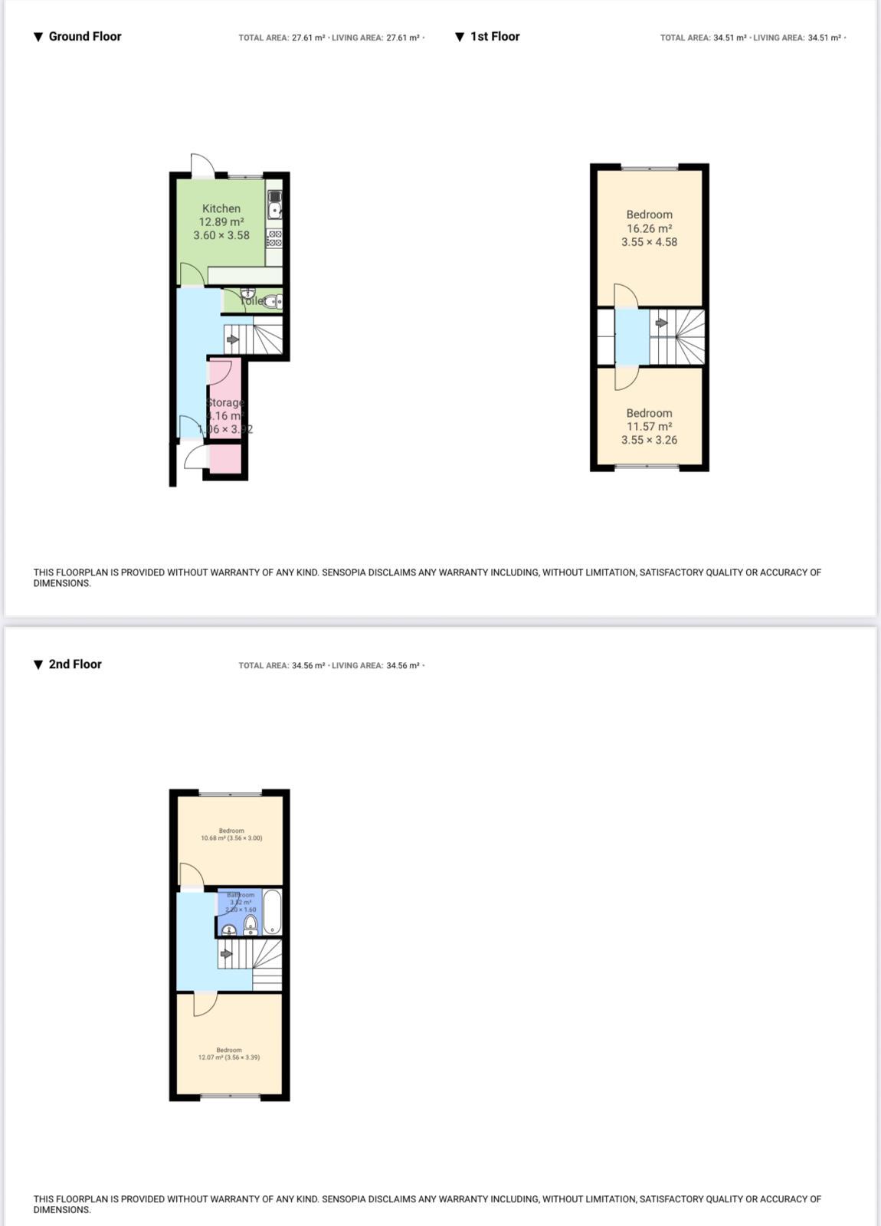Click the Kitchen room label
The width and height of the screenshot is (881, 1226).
pyautogui.click(x=221, y=208)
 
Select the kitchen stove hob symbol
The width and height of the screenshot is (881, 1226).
pyautogui.click(x=274, y=238)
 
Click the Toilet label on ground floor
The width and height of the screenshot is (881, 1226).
pyautogui.click(x=253, y=301)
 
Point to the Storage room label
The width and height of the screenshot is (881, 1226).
pyautogui.click(x=225, y=402)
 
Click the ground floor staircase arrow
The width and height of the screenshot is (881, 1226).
pyautogui.click(x=233, y=339)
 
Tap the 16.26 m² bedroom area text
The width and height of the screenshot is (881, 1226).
pyautogui.click(x=649, y=228)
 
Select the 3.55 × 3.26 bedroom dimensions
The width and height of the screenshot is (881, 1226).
pyautogui.click(x=649, y=440)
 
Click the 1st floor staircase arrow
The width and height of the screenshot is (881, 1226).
pyautogui.click(x=661, y=323)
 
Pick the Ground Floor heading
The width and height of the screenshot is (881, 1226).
pyautogui.click(x=84, y=36)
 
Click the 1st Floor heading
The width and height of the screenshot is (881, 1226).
pyautogui.click(x=494, y=36)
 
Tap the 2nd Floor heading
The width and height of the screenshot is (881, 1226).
pyautogui.click(x=74, y=664)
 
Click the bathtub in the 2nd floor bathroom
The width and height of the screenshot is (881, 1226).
pyautogui.click(x=272, y=911)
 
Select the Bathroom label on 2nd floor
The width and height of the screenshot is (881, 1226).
pyautogui.click(x=240, y=895)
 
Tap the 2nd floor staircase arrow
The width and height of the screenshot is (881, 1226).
pyautogui.click(x=226, y=954)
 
